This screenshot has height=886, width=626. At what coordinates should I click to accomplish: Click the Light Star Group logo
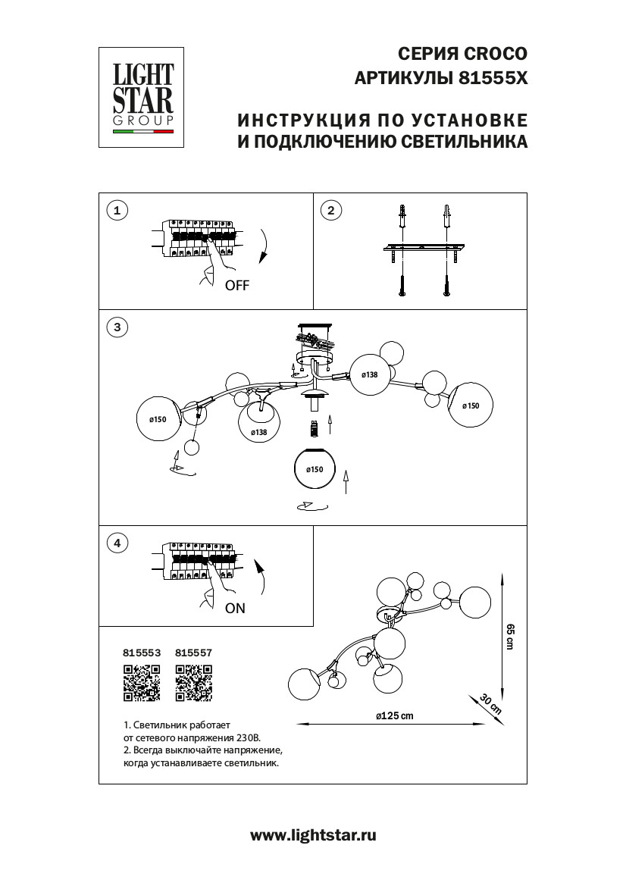[143, 97]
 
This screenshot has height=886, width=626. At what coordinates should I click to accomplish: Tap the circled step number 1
[116, 211]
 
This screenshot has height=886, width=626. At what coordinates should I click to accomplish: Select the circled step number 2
[330, 211]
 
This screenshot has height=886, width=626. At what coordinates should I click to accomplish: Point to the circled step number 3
[116, 327]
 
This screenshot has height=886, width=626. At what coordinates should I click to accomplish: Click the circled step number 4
[116, 543]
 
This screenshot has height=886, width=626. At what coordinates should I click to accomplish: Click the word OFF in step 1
[236, 286]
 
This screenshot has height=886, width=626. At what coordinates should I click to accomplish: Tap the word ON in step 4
[235, 608]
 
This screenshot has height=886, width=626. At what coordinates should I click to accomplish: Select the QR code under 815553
[141, 681]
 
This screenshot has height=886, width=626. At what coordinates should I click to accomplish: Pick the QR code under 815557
[193, 681]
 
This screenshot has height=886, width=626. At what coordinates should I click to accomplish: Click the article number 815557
[193, 651]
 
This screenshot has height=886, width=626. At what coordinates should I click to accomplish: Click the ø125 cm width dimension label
[394, 717]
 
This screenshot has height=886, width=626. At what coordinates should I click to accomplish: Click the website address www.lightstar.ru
[313, 835]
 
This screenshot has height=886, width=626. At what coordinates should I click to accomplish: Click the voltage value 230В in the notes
[248, 736]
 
